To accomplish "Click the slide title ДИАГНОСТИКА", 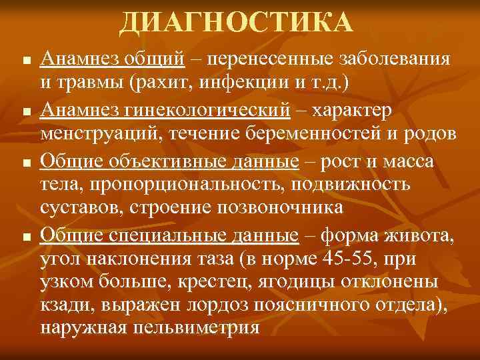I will pyautogui.click(x=236, y=24).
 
